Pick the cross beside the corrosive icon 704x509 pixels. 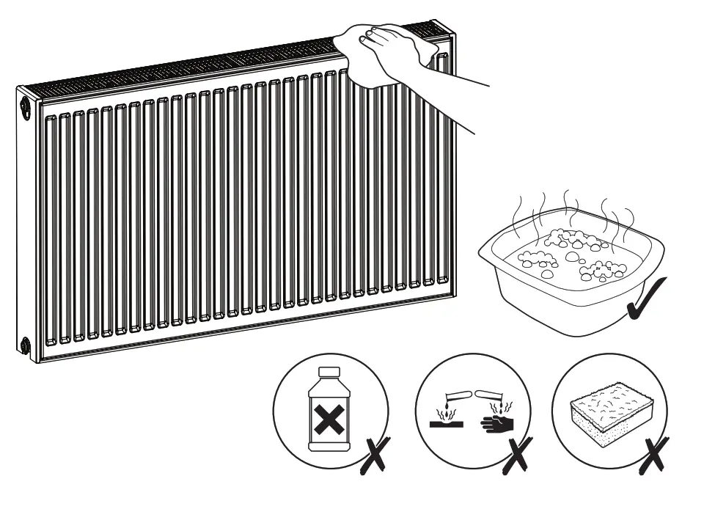[518, 455]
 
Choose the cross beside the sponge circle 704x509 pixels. [651, 455]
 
